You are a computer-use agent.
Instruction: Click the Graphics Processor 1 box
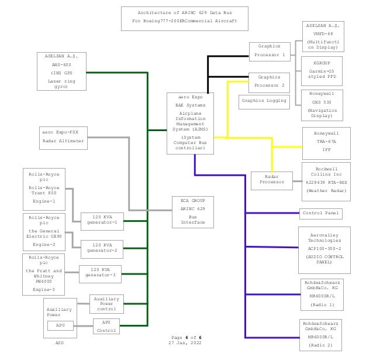(x=270, y=51)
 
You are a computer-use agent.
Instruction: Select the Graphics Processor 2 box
(x=270, y=81)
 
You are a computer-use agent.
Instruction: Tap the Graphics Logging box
(x=264, y=101)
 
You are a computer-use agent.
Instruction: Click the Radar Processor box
(x=272, y=179)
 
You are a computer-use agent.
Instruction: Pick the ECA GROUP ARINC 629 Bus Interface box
(x=192, y=211)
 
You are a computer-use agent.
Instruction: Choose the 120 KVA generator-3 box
(x=100, y=273)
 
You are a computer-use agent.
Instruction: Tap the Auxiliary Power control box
(x=106, y=303)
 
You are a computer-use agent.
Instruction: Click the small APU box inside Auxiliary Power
(x=60, y=325)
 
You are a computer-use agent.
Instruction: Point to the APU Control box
(x=106, y=326)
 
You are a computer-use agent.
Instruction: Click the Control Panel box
(x=321, y=213)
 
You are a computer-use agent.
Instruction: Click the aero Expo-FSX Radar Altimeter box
(x=63, y=137)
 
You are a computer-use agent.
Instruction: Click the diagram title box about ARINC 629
(x=184, y=18)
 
